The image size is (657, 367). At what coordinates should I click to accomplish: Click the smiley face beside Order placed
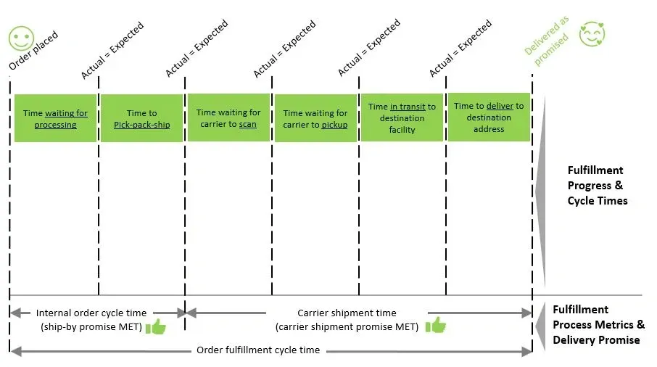pyautogui.click(x=21, y=38)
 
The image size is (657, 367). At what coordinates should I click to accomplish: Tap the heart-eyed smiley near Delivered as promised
pyautogui.click(x=592, y=34)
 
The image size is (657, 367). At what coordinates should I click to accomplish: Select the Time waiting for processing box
pyautogui.click(x=55, y=118)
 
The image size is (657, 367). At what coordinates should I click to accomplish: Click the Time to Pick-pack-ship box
pyautogui.click(x=141, y=118)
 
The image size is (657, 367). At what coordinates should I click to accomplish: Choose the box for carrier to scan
pyautogui.click(x=228, y=117)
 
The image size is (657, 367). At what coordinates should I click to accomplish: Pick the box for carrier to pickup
pyautogui.click(x=315, y=118)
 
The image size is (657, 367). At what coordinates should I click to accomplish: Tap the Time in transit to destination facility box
pyautogui.click(x=402, y=117)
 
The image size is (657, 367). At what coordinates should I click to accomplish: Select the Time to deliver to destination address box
pyautogui.click(x=489, y=117)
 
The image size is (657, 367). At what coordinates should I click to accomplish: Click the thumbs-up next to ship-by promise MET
pyautogui.click(x=156, y=326)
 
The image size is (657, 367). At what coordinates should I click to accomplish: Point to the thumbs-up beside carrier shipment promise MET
pyautogui.click(x=436, y=325)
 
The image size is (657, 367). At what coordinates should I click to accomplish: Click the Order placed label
pyautogui.click(x=33, y=51)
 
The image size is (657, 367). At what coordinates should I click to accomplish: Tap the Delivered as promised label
pyautogui.click(x=547, y=41)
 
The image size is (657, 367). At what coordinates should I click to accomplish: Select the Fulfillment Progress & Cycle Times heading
pyautogui.click(x=597, y=186)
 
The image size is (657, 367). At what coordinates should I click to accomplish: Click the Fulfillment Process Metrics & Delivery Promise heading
pyautogui.click(x=598, y=325)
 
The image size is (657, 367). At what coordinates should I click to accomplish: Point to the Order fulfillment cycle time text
pyautogui.click(x=258, y=350)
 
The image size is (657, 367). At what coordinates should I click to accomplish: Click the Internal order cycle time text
pyautogui.click(x=91, y=313)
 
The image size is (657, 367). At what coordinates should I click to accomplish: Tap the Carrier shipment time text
pyautogui.click(x=347, y=313)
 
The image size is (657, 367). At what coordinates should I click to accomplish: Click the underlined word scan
pyautogui.click(x=247, y=125)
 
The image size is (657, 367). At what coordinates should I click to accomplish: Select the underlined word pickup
pyautogui.click(x=334, y=125)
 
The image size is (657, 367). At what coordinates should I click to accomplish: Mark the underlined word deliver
pyautogui.click(x=500, y=106)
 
